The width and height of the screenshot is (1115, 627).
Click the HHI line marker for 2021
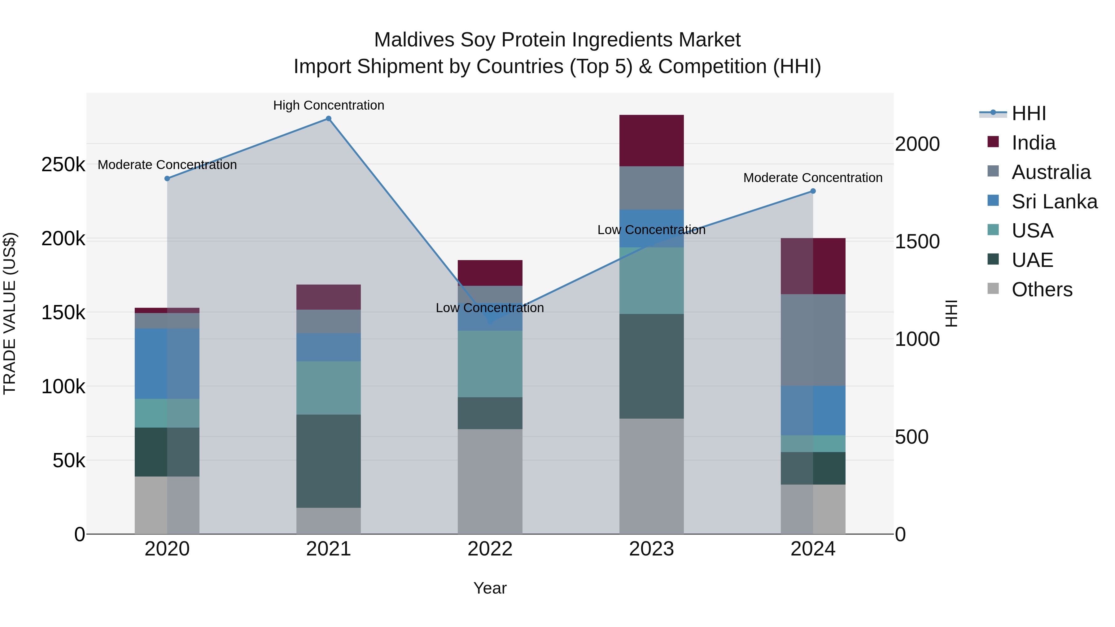point(329,119)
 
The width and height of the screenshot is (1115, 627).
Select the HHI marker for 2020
point(167,178)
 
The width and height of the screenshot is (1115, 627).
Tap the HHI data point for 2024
point(813,191)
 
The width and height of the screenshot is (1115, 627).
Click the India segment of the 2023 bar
point(651,141)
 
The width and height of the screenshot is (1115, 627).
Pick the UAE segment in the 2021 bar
point(329,461)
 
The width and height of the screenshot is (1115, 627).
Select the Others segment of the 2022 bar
point(490,481)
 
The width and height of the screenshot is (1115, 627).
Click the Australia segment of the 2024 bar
point(813,340)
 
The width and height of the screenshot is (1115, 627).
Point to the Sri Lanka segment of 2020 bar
point(167,364)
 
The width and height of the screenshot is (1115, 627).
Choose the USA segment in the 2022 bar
point(490,364)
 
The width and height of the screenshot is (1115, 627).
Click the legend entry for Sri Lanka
point(1054,201)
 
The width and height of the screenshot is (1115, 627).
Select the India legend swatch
point(993,142)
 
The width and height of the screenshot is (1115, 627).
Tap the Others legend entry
point(1042,290)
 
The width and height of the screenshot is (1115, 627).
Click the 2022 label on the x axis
point(490,549)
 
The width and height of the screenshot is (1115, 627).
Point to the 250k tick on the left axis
point(63,164)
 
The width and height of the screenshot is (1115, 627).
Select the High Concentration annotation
point(329,105)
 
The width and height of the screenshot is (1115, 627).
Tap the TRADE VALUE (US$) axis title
point(10,313)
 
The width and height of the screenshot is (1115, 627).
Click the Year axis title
point(490,588)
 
